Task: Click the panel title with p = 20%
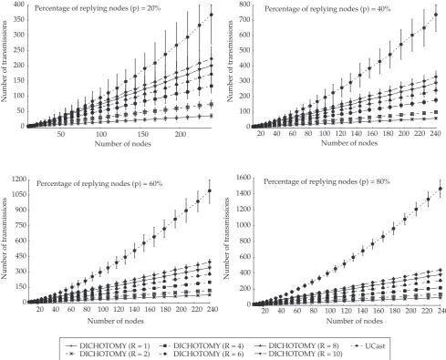click(x=98, y=8)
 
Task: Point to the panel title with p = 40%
click(x=327, y=9)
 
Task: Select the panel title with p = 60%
click(x=99, y=183)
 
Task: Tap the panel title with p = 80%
click(x=327, y=181)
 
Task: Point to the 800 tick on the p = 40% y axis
click(x=244, y=5)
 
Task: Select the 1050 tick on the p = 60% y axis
click(x=18, y=195)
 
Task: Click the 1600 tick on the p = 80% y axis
click(x=244, y=178)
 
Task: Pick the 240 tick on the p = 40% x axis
click(x=435, y=133)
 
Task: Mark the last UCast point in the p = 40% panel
click(x=436, y=15)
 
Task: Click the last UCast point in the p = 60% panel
click(x=209, y=191)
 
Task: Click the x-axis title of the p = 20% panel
click(x=123, y=144)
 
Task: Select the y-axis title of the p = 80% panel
click(x=226, y=238)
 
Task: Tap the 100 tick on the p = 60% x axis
click(x=103, y=309)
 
